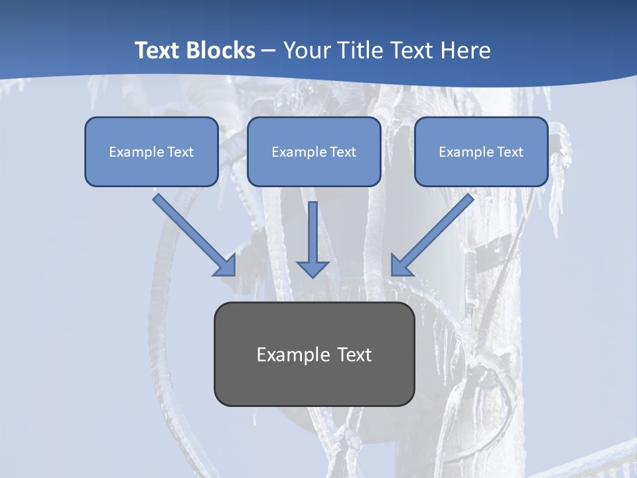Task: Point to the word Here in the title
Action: click(x=467, y=50)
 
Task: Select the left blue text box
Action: click(x=151, y=151)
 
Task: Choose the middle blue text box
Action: click(x=314, y=151)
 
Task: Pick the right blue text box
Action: click(x=481, y=151)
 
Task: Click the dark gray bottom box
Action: click(x=314, y=354)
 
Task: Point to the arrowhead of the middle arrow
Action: click(x=313, y=268)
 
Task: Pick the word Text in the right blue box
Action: click(x=510, y=152)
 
